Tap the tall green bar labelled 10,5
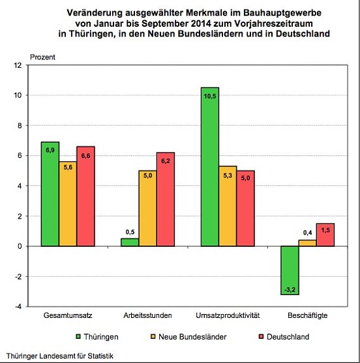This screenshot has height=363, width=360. [210, 166]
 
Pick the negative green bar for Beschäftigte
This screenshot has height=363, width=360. [290, 270]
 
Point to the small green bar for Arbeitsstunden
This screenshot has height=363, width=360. [130, 242]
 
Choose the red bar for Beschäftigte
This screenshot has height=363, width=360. [325, 235]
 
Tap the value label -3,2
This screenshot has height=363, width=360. [290, 288]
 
